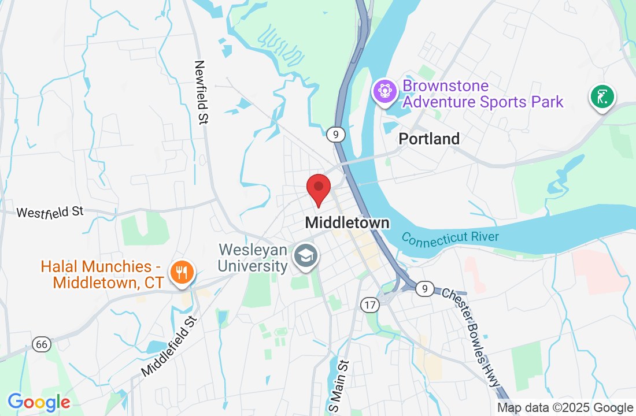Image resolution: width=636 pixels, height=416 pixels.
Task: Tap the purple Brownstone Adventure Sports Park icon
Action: (x=383, y=91)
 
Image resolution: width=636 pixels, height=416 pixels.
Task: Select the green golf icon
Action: (x=602, y=96)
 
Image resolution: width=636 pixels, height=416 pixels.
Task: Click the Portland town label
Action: (x=430, y=139)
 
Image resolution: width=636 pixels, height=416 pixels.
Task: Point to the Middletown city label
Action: (x=347, y=222)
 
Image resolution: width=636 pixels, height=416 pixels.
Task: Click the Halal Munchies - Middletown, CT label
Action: (x=101, y=275)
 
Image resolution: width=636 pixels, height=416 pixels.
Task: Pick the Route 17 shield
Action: (x=370, y=304)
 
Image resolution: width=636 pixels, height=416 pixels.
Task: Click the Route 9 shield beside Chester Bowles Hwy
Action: (x=425, y=288)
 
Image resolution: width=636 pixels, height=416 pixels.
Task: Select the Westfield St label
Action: (x=50, y=212)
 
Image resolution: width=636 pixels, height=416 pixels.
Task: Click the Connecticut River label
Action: (x=450, y=237)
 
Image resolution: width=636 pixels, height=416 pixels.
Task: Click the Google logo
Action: (x=39, y=402)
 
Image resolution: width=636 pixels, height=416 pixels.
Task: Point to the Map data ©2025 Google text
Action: (x=565, y=408)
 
